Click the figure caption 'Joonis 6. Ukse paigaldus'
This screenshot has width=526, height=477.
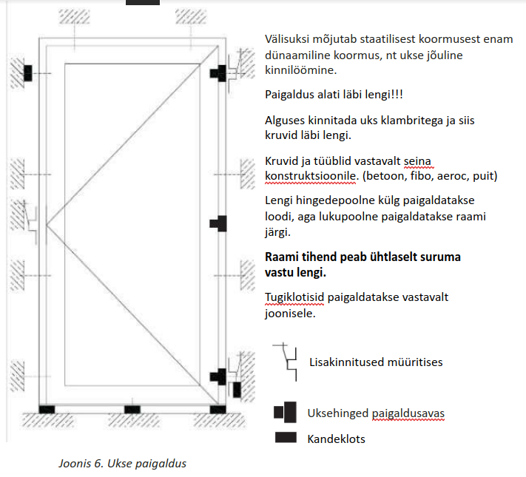122,464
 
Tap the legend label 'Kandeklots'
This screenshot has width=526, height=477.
336,439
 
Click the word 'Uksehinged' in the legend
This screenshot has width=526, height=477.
335,413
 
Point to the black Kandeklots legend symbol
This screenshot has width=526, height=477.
285,438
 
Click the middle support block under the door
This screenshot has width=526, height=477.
132,409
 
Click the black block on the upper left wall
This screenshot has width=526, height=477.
28,72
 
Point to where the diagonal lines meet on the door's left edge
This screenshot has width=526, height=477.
47,223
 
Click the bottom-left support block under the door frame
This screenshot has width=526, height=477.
47,409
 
